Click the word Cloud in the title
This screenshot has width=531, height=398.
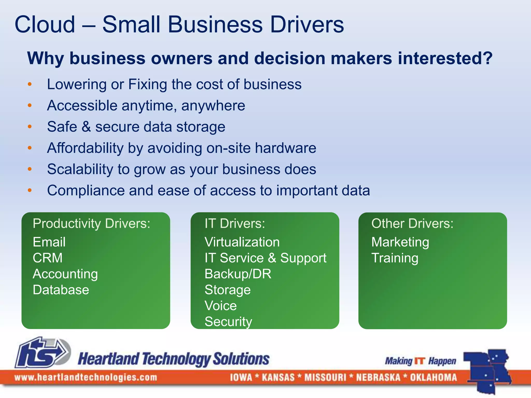45,24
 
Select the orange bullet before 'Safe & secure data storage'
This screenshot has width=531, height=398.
30,126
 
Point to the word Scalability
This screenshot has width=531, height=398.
80,169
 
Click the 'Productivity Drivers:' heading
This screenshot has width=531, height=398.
91,223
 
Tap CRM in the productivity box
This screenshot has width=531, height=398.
48,258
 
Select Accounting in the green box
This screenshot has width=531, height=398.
65,274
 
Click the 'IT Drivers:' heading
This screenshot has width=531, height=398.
235,223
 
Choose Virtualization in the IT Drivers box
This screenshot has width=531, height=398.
242,242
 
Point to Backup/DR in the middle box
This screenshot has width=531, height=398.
238,274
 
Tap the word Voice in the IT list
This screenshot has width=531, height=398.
220,306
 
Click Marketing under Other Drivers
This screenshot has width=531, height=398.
400,242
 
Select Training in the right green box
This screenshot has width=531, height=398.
395,258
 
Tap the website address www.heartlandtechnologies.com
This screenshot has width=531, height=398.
86,377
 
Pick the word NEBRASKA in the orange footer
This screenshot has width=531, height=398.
378,377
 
